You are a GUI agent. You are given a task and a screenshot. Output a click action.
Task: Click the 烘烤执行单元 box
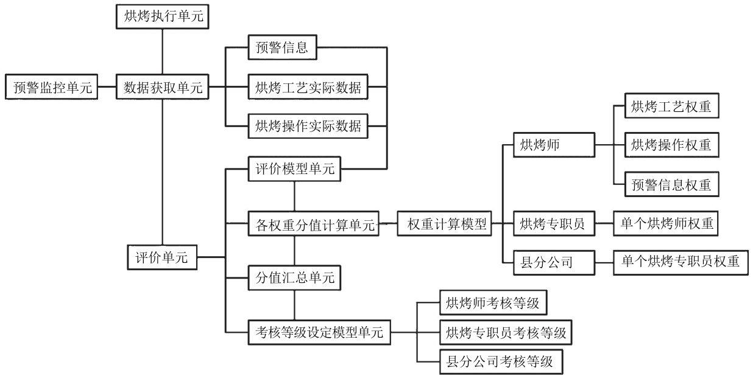163,16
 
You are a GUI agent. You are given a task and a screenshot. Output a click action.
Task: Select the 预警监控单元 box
51,87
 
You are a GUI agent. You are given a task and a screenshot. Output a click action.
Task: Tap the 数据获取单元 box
163,87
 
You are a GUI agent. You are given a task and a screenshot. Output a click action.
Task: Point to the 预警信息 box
283,47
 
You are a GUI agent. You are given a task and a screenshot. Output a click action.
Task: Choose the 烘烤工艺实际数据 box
308,87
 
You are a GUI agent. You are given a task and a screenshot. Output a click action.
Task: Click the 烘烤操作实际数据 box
308,126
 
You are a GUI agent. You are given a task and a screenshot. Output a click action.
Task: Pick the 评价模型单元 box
294,169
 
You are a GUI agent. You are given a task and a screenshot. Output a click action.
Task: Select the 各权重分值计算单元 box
314,223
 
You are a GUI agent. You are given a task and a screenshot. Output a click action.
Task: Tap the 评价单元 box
163,257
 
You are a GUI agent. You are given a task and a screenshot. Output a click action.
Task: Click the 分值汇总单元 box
294,278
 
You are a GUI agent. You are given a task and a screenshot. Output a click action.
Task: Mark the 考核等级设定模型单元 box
319,332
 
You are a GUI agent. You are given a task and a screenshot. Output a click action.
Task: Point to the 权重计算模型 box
444,223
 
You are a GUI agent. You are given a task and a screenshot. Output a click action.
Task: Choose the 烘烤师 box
554,145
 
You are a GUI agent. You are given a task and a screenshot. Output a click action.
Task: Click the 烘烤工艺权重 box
672,106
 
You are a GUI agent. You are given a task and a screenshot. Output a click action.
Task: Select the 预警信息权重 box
672,184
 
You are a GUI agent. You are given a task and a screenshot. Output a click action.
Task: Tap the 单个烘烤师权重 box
666,223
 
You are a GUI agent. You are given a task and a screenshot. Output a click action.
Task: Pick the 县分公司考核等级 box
501,362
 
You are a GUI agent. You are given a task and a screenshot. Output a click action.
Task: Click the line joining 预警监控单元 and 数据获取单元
107,87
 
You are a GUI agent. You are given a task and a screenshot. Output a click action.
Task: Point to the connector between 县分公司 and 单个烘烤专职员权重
604,263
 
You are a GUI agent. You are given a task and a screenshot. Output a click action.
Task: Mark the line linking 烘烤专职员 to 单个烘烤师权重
604,223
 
